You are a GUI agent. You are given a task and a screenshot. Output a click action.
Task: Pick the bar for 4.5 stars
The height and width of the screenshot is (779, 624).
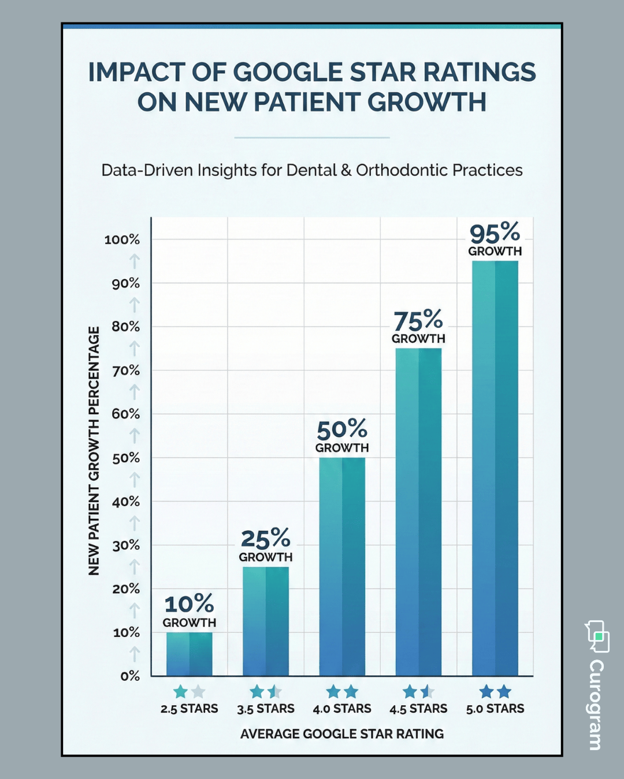[x=418, y=512]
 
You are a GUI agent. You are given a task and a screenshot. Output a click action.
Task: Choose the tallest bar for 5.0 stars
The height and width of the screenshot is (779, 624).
[x=495, y=468]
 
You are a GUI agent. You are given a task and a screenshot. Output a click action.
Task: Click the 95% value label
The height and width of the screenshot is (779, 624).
[x=495, y=234]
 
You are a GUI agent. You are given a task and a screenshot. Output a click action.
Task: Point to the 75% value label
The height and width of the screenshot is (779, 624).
[x=418, y=321]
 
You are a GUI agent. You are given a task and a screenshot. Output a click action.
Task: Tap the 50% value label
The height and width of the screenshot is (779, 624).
[x=342, y=430]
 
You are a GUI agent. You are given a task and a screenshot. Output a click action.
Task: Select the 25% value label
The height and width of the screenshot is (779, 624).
[x=266, y=539]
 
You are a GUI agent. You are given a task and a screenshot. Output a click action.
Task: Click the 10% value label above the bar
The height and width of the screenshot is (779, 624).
[x=189, y=605]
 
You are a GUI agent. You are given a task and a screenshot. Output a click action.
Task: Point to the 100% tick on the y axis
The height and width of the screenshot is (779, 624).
[x=122, y=239]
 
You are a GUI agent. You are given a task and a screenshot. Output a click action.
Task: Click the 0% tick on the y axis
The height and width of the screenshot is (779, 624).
[x=130, y=676]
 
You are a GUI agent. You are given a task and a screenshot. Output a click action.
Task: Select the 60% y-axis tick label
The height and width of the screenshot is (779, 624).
[x=126, y=414]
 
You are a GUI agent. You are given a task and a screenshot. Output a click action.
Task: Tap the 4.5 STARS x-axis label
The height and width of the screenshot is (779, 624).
[x=418, y=709]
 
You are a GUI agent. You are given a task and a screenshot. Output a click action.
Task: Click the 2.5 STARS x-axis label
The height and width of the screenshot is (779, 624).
[x=189, y=709]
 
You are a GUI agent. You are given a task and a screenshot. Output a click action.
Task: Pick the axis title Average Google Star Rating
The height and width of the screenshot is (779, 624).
[x=342, y=734]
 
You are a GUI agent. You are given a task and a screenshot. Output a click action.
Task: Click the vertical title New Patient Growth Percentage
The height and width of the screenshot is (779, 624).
[x=94, y=451]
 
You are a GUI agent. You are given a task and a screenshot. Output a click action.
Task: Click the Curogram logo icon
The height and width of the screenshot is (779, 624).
[x=597, y=636]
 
